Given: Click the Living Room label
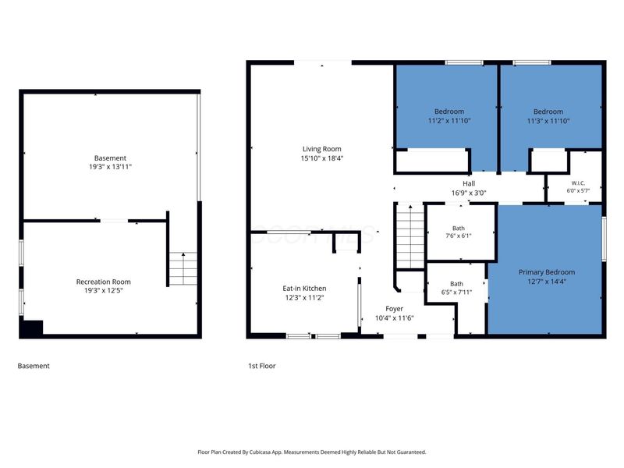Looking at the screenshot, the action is click(x=321, y=149).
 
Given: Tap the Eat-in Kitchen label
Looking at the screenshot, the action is click(x=304, y=288).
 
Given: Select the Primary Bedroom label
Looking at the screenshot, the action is click(x=547, y=272).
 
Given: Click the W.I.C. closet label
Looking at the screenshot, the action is click(x=578, y=183).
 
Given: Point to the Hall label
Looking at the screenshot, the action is click(x=469, y=183).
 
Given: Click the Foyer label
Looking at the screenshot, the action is click(x=394, y=309).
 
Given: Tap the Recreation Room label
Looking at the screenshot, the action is click(x=104, y=282).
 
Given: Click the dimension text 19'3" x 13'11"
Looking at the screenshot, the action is click(x=110, y=167).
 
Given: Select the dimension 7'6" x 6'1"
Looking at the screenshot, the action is click(x=459, y=236).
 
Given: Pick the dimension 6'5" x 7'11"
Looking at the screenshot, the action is click(x=456, y=292).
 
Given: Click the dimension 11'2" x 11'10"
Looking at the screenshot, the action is click(x=449, y=121).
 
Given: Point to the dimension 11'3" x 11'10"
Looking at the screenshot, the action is click(x=548, y=121).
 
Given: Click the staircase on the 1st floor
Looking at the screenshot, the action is click(x=410, y=236).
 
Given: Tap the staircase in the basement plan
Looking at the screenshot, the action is click(x=183, y=268).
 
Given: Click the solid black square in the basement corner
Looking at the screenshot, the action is click(x=31, y=328).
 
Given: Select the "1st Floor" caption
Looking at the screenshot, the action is click(x=262, y=366).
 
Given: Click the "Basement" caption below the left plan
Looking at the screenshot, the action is click(x=34, y=366).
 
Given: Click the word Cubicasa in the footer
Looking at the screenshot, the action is click(x=260, y=452).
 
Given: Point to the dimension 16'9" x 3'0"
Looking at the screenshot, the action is click(x=469, y=193).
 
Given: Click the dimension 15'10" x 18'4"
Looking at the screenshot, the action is click(x=321, y=158).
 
